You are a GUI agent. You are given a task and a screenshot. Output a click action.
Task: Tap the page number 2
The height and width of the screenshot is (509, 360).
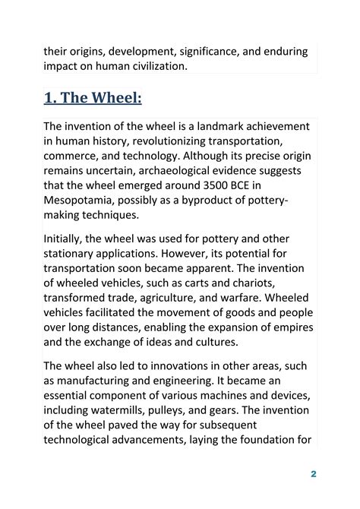pos(313,474)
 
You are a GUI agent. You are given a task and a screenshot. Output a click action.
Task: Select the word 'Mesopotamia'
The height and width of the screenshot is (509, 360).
pos(81,206)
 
